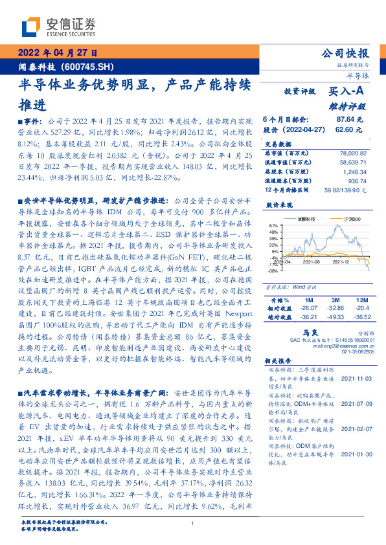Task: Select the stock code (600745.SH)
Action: click(x=90, y=67)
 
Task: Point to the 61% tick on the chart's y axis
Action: click(x=274, y=227)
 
